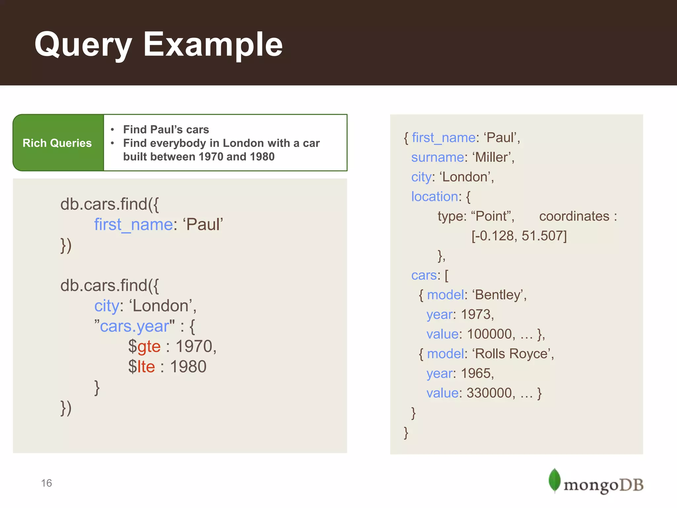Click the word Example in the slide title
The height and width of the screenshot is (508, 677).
tap(213, 45)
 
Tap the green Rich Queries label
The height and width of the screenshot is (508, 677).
tap(57, 143)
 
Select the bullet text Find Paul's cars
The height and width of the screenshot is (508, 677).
tap(166, 129)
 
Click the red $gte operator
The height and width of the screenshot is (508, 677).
tap(144, 346)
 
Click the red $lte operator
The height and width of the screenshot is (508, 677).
tap(141, 366)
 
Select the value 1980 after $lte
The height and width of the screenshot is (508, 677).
tap(188, 366)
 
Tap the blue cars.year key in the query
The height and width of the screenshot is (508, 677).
tap(135, 326)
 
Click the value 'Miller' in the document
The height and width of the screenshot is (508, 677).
tap(492, 157)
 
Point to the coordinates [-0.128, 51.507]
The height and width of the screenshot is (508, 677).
tap(519, 236)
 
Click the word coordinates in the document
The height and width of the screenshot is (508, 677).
tap(574, 216)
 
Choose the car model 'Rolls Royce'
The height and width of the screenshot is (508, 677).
tap(512, 354)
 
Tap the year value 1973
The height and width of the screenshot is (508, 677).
tap(476, 314)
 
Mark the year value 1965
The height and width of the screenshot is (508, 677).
tap(476, 373)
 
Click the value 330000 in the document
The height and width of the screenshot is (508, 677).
tap(489, 393)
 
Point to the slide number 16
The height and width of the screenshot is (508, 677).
tap(47, 483)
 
